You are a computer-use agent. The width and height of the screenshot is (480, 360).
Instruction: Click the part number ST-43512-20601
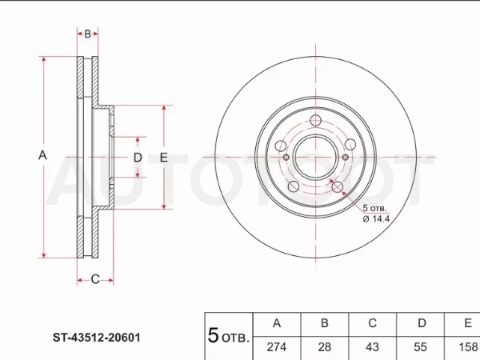pyautogui.click(x=97, y=338)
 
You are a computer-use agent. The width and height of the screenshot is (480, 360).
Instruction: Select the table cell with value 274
pyautogui.click(x=277, y=347)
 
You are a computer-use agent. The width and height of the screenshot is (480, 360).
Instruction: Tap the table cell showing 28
pyautogui.click(x=325, y=347)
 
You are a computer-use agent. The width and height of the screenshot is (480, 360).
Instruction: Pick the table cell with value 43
pyautogui.click(x=373, y=347)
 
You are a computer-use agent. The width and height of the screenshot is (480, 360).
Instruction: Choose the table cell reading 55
pyautogui.click(x=420, y=347)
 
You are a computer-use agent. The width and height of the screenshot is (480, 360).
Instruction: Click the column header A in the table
pyautogui.click(x=277, y=323)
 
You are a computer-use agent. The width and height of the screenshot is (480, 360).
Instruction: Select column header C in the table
pyautogui.click(x=373, y=323)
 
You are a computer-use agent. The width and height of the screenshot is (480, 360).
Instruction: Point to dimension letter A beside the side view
pyautogui.click(x=42, y=155)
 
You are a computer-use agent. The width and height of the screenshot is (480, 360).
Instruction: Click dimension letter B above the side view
pyautogui.click(x=87, y=34)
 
